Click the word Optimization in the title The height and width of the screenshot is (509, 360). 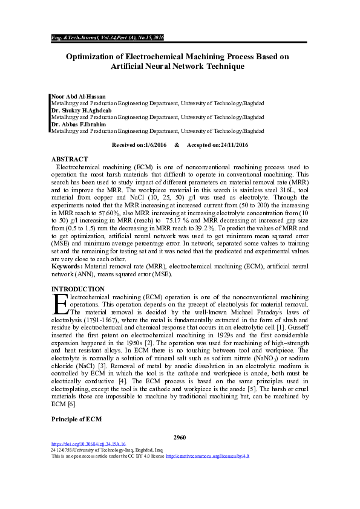(x=94, y=57)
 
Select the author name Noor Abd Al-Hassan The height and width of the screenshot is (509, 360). (x=77, y=97)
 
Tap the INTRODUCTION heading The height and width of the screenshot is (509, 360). (x=77, y=289)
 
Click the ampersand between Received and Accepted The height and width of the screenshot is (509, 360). (x=177, y=146)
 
